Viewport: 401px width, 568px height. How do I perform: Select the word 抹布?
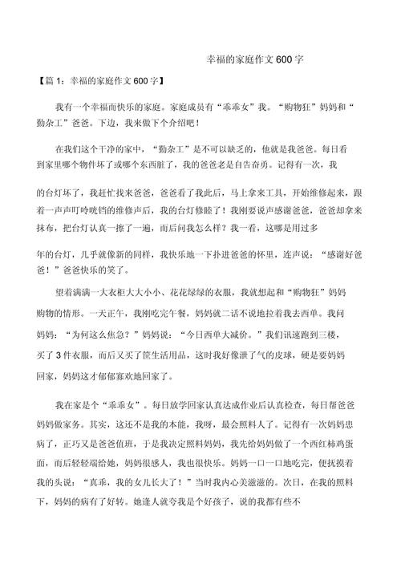click(x=49, y=229)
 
